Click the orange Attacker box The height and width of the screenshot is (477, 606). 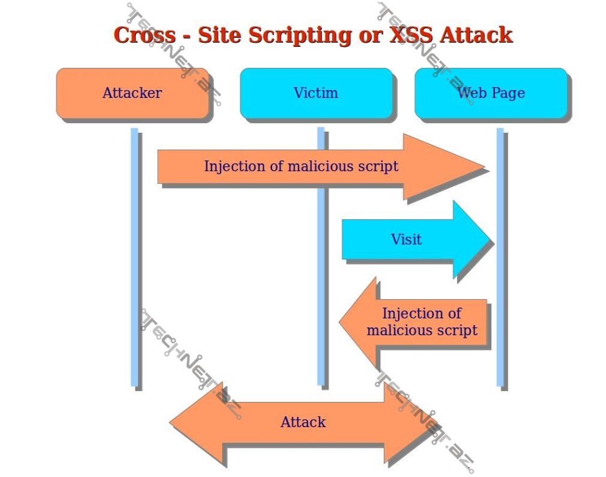[x=132, y=93]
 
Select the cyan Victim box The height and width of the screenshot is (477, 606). [x=316, y=93]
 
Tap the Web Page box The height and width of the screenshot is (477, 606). [x=491, y=93]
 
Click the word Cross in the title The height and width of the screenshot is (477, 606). [x=144, y=35]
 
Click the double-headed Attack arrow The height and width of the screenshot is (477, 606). [x=303, y=422]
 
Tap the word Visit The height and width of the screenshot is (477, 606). [x=406, y=239]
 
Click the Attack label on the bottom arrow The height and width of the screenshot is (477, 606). [x=303, y=422]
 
